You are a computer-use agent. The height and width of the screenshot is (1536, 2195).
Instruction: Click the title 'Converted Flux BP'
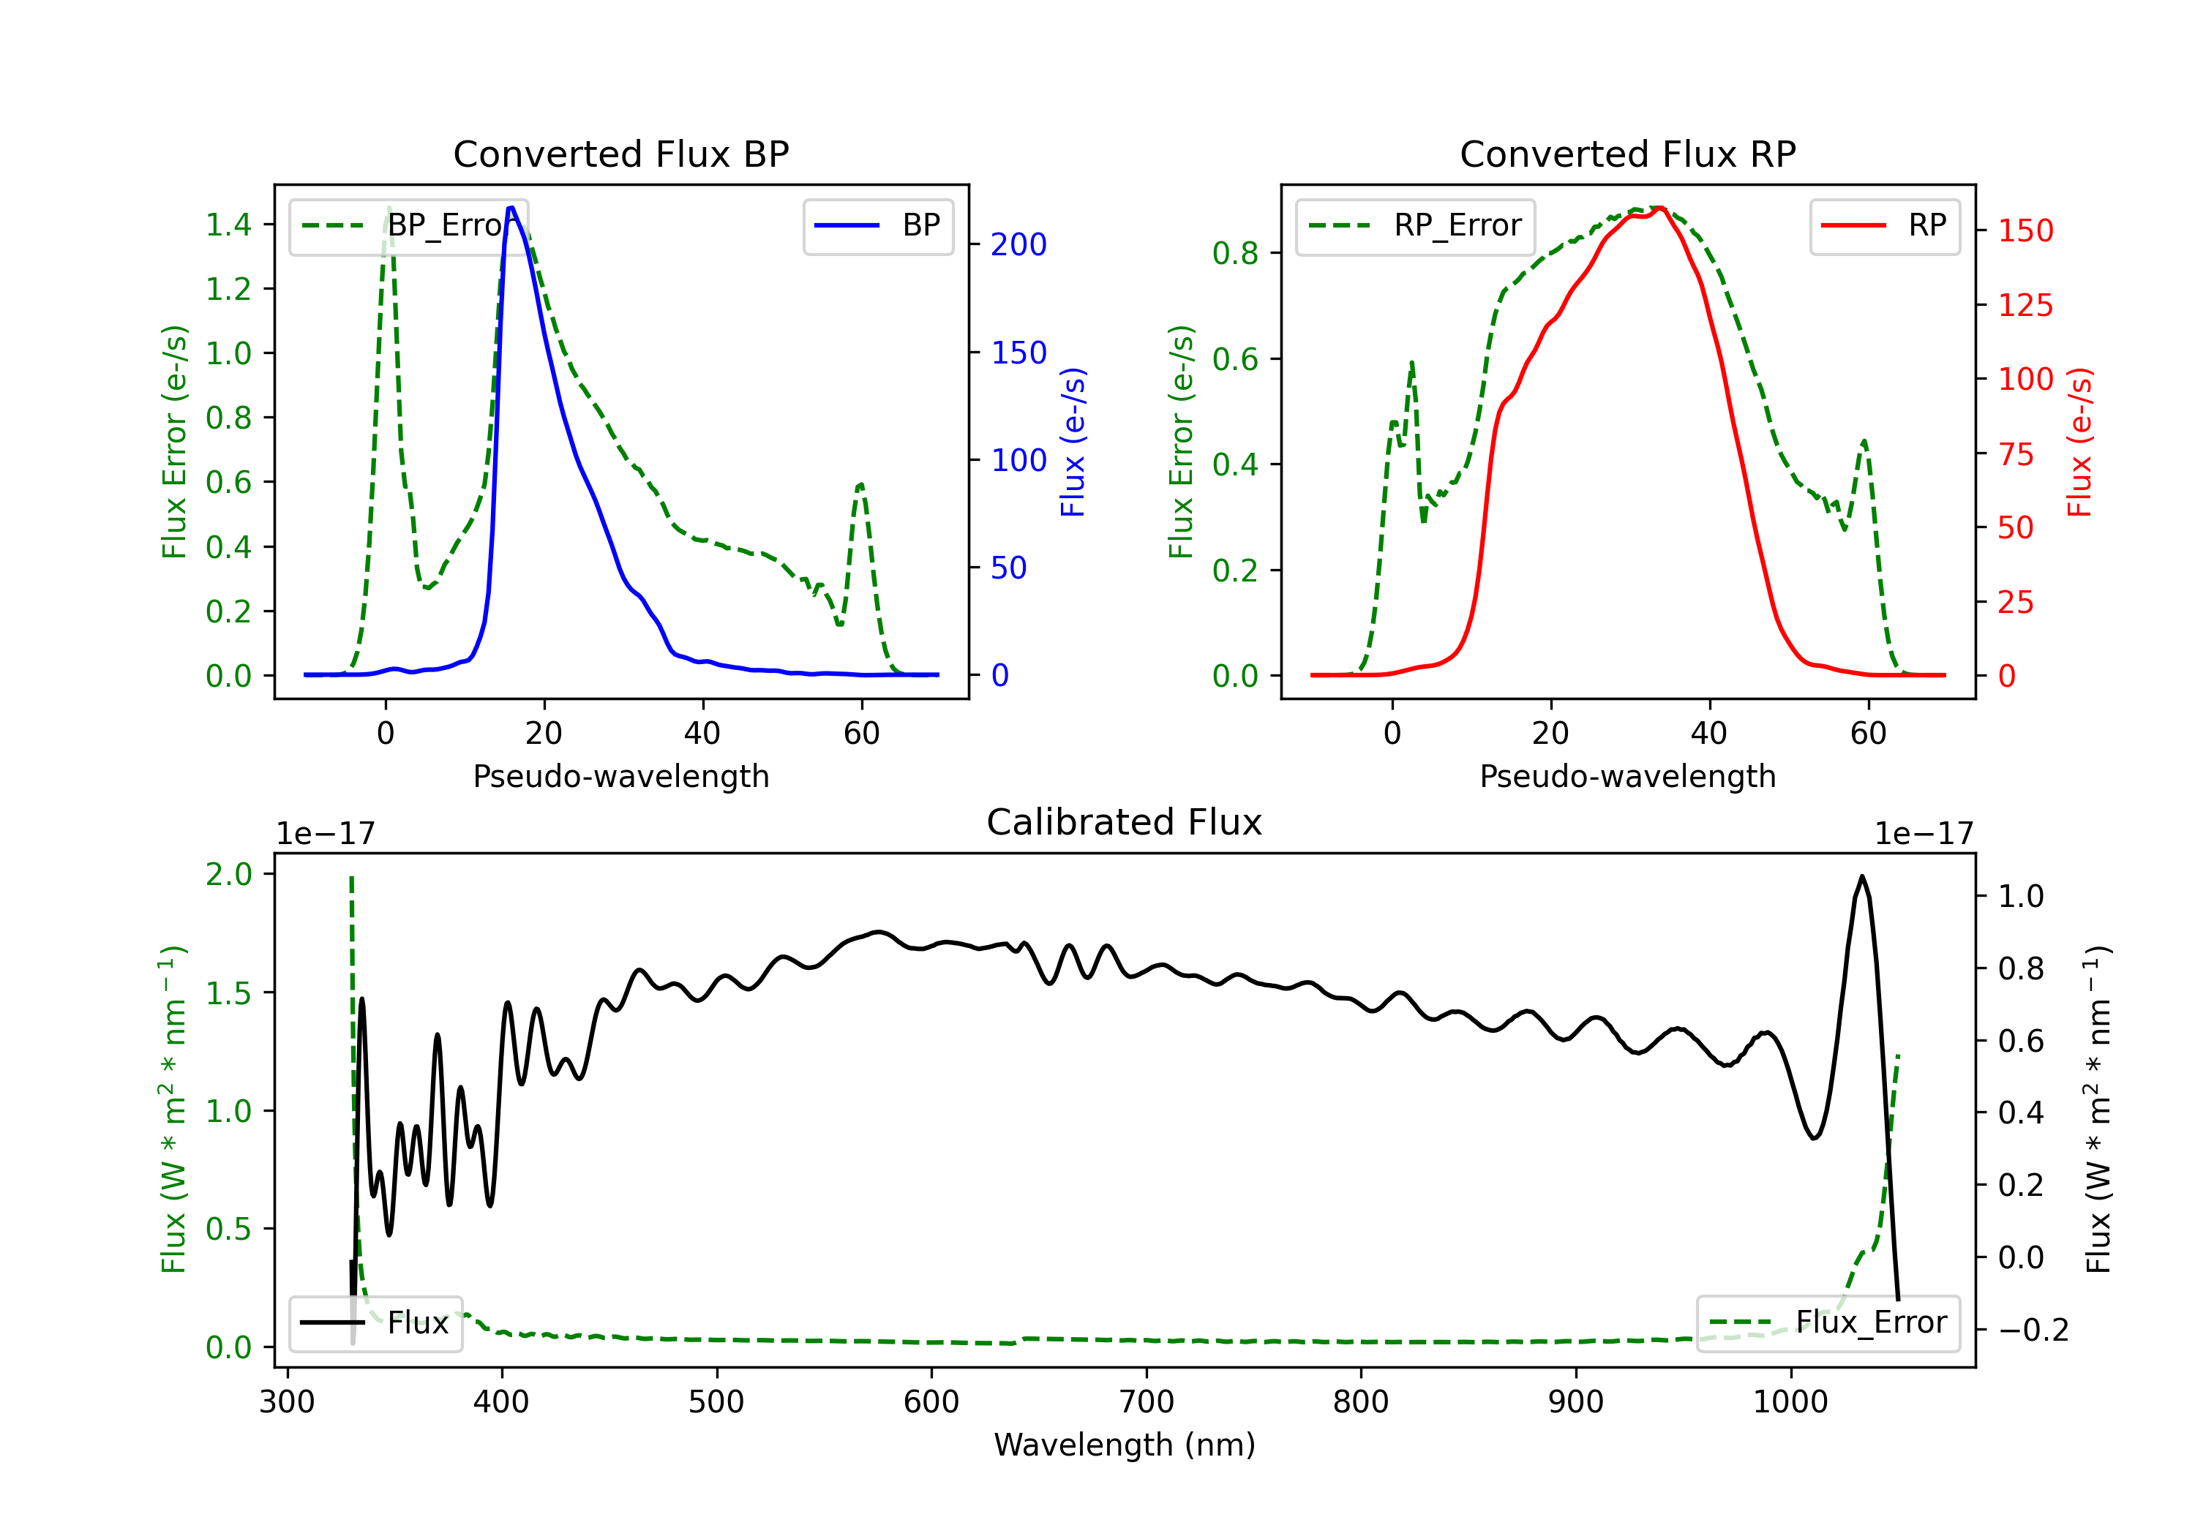pos(620,154)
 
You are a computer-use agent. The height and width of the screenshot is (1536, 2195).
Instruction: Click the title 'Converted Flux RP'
pos(1627,154)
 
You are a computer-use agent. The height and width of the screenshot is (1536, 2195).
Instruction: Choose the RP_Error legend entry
pos(1415,225)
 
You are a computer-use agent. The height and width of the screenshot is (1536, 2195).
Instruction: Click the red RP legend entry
pos(1884,225)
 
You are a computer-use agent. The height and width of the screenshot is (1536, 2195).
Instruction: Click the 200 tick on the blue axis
pos(1018,245)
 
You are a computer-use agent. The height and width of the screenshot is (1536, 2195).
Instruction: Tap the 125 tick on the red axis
pos(2025,306)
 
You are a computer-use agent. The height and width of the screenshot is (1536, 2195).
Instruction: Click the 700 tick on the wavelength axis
pos(1147,1402)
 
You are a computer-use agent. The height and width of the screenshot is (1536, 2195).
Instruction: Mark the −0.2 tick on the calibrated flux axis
pos(2033,1330)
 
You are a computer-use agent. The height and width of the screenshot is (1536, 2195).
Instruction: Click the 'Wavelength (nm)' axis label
pos(1125,1445)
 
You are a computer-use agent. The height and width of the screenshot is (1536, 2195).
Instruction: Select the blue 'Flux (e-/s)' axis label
pos(1073,443)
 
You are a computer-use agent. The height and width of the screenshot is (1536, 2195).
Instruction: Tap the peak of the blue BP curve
pos(511,208)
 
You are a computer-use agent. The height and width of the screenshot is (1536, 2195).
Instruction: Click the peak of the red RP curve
pos(1661,208)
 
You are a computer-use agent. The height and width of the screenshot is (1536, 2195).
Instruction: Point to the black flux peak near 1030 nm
pos(1861,876)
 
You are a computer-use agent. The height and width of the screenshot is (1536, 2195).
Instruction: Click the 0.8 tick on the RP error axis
pos(1234,253)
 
